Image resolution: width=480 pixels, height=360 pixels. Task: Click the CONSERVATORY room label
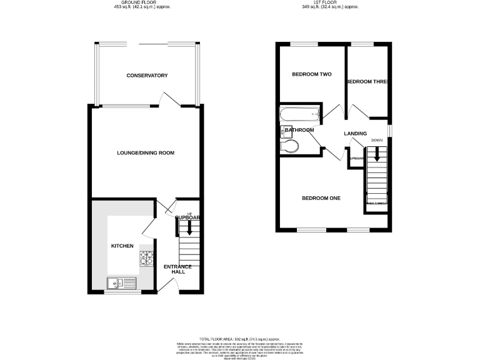147,76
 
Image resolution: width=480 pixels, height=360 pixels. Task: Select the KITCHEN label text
122,246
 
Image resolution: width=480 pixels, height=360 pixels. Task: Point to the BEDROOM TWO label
311,74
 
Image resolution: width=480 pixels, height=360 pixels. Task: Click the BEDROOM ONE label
321,198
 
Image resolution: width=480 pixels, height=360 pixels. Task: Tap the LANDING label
354,134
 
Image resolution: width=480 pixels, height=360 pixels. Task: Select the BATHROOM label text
300,130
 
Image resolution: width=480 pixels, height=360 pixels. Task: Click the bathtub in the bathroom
301,114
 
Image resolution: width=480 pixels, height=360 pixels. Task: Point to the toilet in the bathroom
291,146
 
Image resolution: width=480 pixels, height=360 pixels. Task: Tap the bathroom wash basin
286,131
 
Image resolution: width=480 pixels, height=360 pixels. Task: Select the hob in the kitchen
146,257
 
